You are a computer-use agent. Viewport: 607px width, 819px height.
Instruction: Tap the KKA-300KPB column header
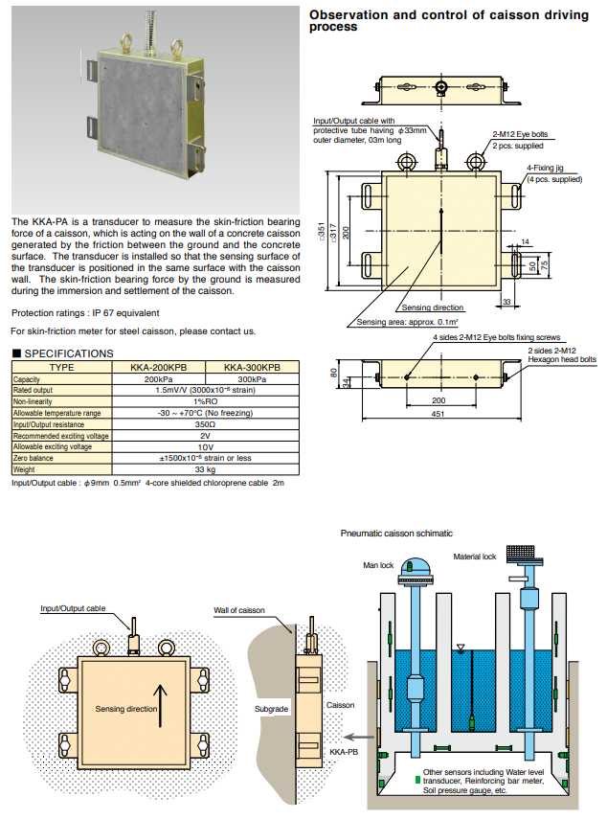(x=251, y=367)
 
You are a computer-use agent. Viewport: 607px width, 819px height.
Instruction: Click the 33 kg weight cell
(x=204, y=469)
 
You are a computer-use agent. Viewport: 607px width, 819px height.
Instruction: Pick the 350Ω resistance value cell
(x=204, y=423)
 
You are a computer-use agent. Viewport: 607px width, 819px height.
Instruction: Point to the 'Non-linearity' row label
(x=34, y=400)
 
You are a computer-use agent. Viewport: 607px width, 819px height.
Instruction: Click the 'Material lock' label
(x=474, y=557)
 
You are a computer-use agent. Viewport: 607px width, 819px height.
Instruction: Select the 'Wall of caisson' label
(x=238, y=610)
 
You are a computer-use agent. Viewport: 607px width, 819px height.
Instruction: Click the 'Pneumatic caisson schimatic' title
(x=396, y=533)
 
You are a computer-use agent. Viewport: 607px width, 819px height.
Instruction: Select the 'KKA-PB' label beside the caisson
(x=342, y=753)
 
